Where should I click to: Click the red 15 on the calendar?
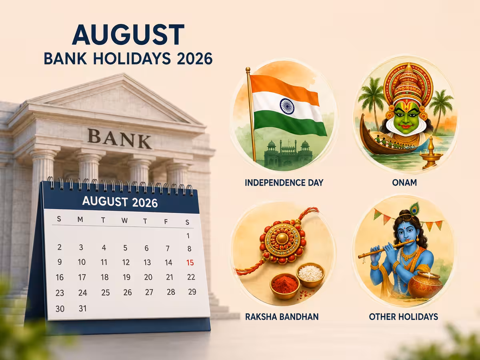pyautogui.click(x=190, y=262)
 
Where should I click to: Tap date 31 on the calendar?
pyautogui.click(x=83, y=308)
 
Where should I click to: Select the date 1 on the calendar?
pyautogui.click(x=188, y=236)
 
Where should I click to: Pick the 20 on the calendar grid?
pyautogui.click(x=148, y=277)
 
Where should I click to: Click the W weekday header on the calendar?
pyautogui.click(x=125, y=220)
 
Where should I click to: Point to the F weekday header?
pyautogui.click(x=166, y=222)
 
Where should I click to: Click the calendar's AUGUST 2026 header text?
pyautogui.click(x=120, y=202)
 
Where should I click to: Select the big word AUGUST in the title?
pyautogui.click(x=128, y=34)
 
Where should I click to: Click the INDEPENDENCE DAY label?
pyautogui.click(x=284, y=183)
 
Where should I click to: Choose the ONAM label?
pyautogui.click(x=404, y=182)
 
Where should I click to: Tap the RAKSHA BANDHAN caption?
pyautogui.click(x=282, y=317)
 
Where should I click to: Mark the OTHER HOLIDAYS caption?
pyautogui.click(x=404, y=317)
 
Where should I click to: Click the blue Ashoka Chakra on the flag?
pyautogui.click(x=287, y=107)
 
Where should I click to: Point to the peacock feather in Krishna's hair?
pyautogui.click(x=414, y=208)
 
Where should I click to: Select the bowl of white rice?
pyautogui.click(x=310, y=275)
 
